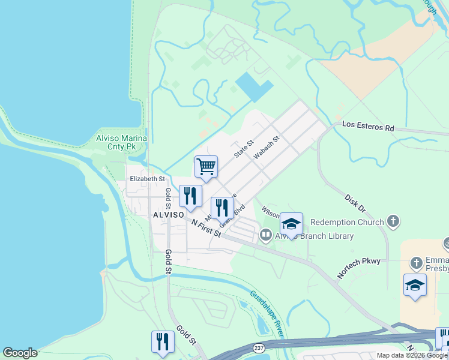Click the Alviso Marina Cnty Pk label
[x=113, y=142]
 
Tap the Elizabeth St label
[x=147, y=179]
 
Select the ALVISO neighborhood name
[x=167, y=214]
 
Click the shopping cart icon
[x=206, y=167]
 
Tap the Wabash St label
[x=267, y=148]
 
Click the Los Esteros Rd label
[x=368, y=127]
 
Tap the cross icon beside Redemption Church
[x=393, y=222]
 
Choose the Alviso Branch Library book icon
[x=266, y=236]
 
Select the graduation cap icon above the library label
[x=291, y=224]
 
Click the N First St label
[x=206, y=227]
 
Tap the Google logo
[x=20, y=353]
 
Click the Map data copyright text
[x=412, y=355]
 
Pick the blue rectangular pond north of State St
[x=253, y=87]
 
